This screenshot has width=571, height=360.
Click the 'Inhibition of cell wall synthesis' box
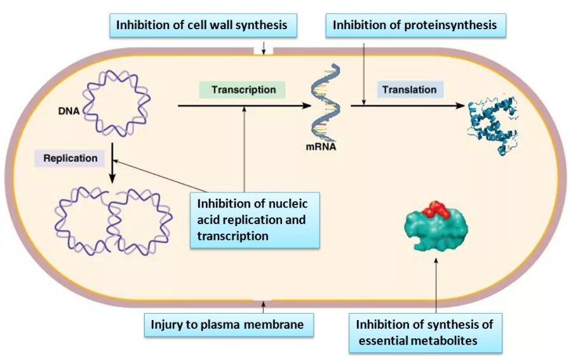pos(201,25)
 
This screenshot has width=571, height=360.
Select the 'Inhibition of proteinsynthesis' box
pos(415,25)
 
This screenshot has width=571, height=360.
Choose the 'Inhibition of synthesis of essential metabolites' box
pos(425,333)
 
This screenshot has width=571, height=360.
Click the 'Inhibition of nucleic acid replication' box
pos(254,220)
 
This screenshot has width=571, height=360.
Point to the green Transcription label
pos(243,90)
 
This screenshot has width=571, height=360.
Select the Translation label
pos(410,90)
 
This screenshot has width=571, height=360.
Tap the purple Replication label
pos(71,158)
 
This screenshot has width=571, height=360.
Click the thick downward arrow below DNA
pos(112,163)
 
